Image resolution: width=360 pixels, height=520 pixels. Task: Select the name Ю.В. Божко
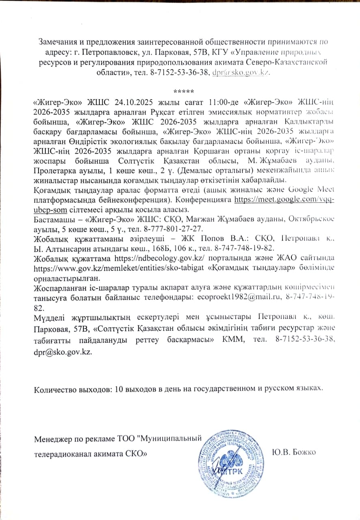(x=295, y=452)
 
